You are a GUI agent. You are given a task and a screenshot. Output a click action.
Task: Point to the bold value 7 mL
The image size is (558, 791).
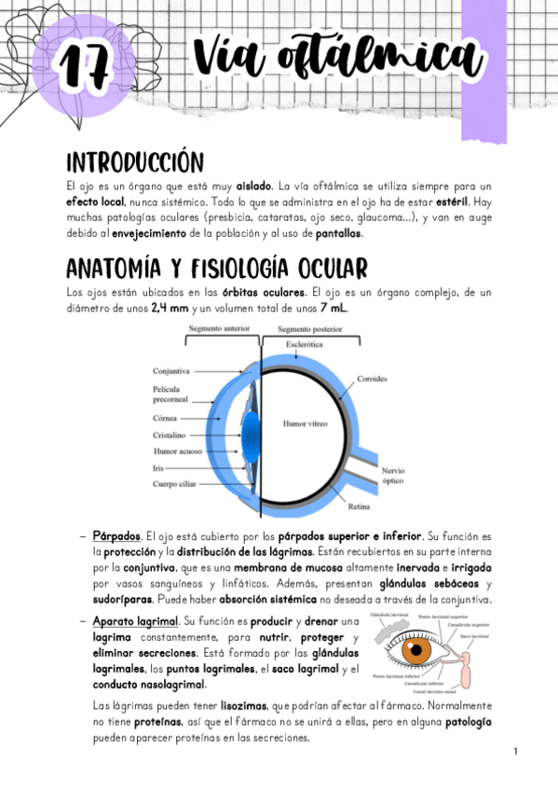pyautogui.click(x=335, y=308)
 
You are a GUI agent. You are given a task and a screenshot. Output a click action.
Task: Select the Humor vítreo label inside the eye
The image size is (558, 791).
pyautogui.click(x=304, y=423)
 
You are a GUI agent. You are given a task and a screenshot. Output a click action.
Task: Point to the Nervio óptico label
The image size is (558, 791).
pyautogui.click(x=392, y=478)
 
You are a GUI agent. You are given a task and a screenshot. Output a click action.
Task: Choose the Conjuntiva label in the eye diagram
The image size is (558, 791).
pyautogui.click(x=171, y=370)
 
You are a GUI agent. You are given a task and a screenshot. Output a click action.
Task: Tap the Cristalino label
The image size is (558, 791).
pyautogui.click(x=171, y=435)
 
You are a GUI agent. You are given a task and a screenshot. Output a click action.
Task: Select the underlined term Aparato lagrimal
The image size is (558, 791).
pyautogui.click(x=135, y=620)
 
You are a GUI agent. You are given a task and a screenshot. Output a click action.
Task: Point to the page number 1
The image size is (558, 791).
pyautogui.click(x=515, y=751)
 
